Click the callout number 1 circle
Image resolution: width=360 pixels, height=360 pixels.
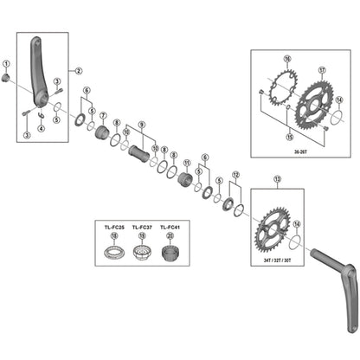pyautogui.click(x=6, y=64)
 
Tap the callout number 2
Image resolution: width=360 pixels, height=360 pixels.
pyautogui.click(x=78, y=71)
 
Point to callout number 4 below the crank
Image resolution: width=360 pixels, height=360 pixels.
pyautogui.click(x=43, y=128)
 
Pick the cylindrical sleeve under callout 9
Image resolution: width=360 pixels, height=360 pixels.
pyautogui.click(x=138, y=161)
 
